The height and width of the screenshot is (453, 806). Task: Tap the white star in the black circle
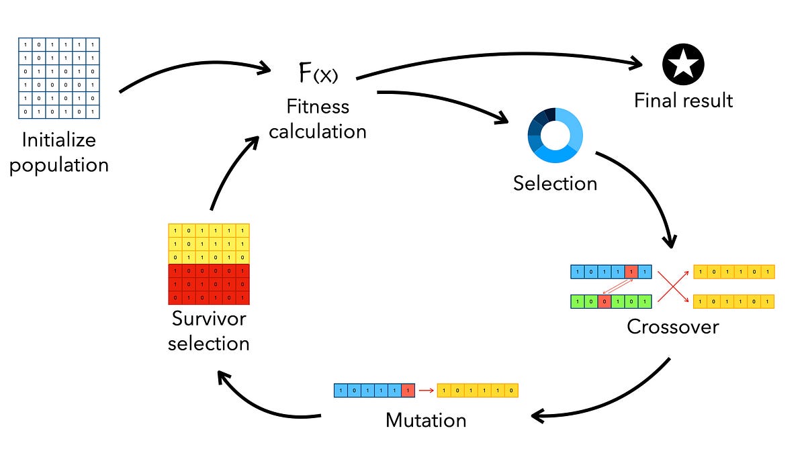point(683,65)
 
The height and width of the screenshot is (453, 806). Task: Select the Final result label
point(683,101)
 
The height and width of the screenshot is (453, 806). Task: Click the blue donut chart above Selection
point(555,136)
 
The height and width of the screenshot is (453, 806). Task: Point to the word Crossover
point(672,327)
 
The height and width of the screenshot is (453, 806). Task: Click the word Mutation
point(426,421)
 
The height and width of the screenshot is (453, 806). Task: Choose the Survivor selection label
point(209,330)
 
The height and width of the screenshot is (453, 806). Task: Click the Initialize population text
point(59,152)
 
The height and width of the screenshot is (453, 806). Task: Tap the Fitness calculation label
point(318,118)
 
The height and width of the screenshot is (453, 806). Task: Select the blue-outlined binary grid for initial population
point(59,78)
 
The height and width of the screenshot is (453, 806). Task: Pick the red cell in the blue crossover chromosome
point(631,272)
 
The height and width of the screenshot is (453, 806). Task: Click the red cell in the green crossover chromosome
point(605,301)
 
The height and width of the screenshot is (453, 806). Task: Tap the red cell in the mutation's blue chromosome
point(408,390)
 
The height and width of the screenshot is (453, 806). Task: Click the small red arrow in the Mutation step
point(426,390)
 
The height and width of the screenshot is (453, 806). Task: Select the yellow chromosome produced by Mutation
point(478,390)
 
